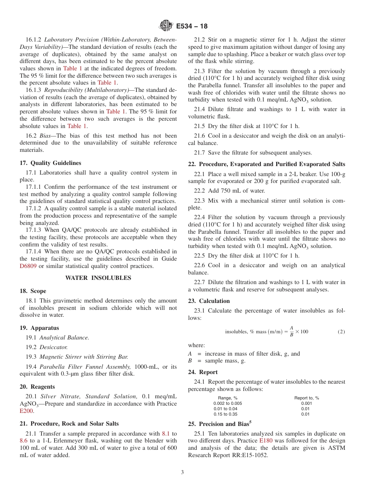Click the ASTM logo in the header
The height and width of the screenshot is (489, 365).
click(x=166, y=26)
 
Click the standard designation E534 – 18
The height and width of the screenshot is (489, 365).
click(x=192, y=26)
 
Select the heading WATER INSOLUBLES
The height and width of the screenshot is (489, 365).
click(x=98, y=278)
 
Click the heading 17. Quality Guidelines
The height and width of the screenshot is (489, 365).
click(x=50, y=163)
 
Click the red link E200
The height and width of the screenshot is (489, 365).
click(x=25, y=411)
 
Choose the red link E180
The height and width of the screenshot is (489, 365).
click(x=266, y=441)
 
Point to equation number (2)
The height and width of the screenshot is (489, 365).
click(x=341, y=332)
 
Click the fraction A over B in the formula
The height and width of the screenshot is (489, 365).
click(x=292, y=331)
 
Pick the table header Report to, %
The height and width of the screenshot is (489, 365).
click(x=307, y=398)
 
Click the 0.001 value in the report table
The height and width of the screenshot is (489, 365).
click(x=307, y=403)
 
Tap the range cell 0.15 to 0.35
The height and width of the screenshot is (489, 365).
click(x=225, y=414)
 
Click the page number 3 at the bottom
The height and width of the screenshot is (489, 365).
click(x=182, y=472)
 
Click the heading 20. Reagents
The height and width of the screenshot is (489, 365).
click(x=37, y=387)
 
